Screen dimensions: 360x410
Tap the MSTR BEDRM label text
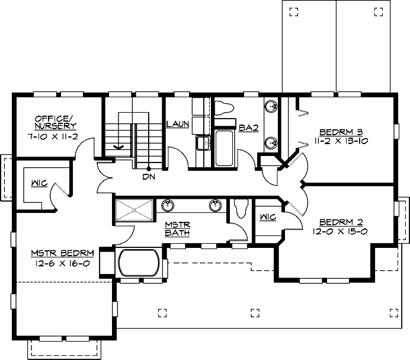60,254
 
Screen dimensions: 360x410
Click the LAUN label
177,125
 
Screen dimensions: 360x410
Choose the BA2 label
248,127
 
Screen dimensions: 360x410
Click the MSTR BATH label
177,228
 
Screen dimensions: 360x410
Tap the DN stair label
149,176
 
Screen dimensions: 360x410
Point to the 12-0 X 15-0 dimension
336,232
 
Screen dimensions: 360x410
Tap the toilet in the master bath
241,209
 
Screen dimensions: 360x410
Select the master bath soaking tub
139,263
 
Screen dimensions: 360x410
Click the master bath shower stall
134,211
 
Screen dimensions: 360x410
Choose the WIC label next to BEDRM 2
268,218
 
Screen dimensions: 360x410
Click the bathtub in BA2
225,148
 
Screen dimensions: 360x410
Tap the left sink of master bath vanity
168,206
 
